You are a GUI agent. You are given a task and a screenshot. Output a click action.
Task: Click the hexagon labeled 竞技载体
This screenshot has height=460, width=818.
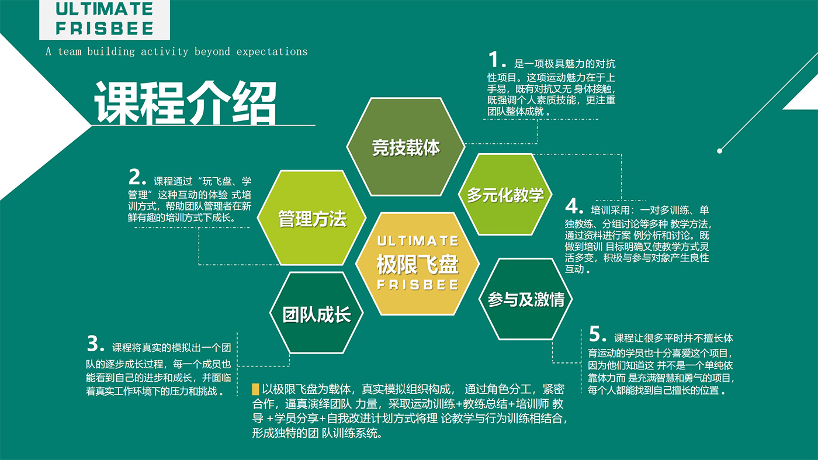pos(405,147)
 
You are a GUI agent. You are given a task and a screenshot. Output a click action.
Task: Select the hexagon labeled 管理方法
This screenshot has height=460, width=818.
pos(312,218)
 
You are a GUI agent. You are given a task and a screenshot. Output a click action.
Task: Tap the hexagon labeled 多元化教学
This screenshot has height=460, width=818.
pos(505,195)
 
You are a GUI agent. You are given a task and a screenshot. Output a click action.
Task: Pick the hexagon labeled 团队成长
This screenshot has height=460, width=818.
pos(316,313)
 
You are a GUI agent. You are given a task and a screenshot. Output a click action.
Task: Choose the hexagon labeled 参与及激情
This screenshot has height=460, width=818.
pos(526,299)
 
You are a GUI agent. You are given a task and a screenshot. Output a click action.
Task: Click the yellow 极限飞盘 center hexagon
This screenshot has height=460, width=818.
pos(417,264)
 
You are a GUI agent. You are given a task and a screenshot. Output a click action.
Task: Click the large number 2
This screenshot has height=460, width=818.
pos(135,177)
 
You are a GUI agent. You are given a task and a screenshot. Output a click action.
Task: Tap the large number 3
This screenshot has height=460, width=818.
pos(93,344)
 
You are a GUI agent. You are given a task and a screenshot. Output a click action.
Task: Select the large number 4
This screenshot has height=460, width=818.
pos(571,206)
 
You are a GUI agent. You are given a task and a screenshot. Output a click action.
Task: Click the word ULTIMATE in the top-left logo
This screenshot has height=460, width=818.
pos(105,9)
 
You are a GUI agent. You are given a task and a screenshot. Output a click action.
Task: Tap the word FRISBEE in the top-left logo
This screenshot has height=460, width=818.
pos(105,28)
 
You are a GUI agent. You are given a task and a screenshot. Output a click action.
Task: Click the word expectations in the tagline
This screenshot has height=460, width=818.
pos(272,52)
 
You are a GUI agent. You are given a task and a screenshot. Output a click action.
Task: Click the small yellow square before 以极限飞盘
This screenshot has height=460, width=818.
pos(255,389)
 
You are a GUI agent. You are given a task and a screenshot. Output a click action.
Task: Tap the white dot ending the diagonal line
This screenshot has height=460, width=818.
pos(719,151)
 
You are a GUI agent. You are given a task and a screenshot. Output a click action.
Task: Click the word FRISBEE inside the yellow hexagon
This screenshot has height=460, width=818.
pos(418,285)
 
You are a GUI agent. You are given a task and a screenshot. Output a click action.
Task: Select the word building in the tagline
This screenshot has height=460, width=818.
pos(110,52)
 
